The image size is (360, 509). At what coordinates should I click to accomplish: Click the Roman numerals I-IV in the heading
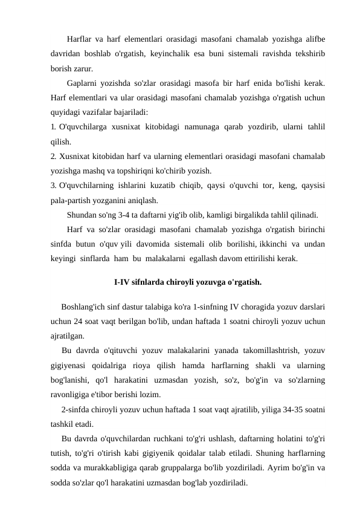pyautogui.click(x=124, y=281)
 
